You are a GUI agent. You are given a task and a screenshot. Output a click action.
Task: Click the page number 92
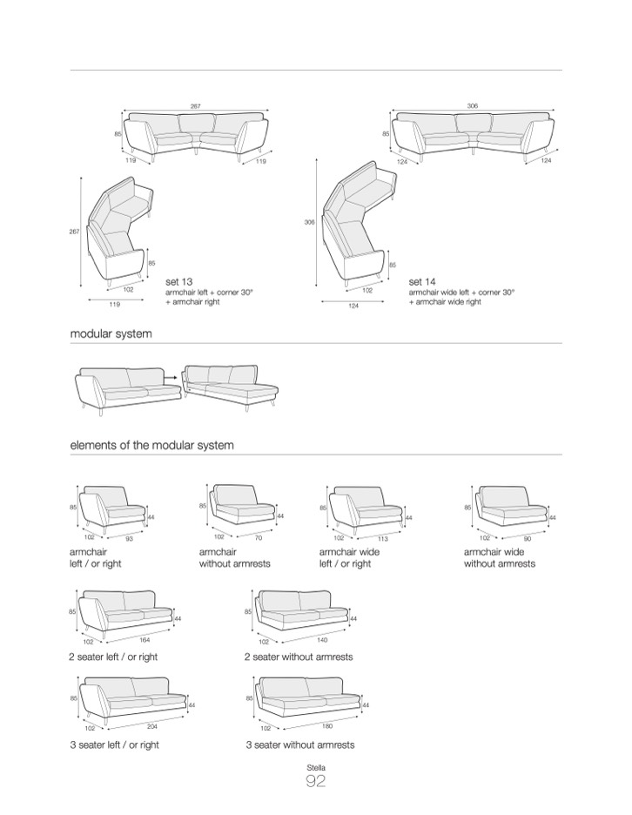point(315,781)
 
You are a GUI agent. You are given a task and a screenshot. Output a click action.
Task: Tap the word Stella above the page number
point(316,767)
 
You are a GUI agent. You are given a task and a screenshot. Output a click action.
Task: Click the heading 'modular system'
point(111,333)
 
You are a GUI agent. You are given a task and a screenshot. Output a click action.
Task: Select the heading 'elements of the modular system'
point(151,445)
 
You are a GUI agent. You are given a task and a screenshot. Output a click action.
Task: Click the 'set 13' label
point(178,282)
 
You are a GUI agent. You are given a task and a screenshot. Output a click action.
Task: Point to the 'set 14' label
point(422,282)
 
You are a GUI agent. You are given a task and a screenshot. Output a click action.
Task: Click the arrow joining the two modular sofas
point(170,374)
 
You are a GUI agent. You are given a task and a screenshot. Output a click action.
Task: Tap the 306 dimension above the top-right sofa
point(472,105)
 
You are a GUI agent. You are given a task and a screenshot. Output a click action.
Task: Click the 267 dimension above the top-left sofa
point(195,106)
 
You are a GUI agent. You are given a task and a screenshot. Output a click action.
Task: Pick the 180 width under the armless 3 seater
point(326,726)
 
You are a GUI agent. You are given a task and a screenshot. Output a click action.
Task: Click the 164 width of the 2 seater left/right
point(145,640)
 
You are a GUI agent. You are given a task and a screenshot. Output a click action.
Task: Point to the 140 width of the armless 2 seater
point(322,640)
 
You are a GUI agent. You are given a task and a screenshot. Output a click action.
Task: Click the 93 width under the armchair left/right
point(130,538)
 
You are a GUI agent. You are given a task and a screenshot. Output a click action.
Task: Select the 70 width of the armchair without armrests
point(259,538)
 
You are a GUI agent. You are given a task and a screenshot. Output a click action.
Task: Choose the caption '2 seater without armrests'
point(299,657)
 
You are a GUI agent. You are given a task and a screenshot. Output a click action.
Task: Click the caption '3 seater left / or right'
point(114,744)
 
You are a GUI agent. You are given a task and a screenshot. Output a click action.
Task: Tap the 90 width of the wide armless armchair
point(528,539)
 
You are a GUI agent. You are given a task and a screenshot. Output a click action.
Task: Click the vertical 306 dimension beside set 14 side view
point(309,222)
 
